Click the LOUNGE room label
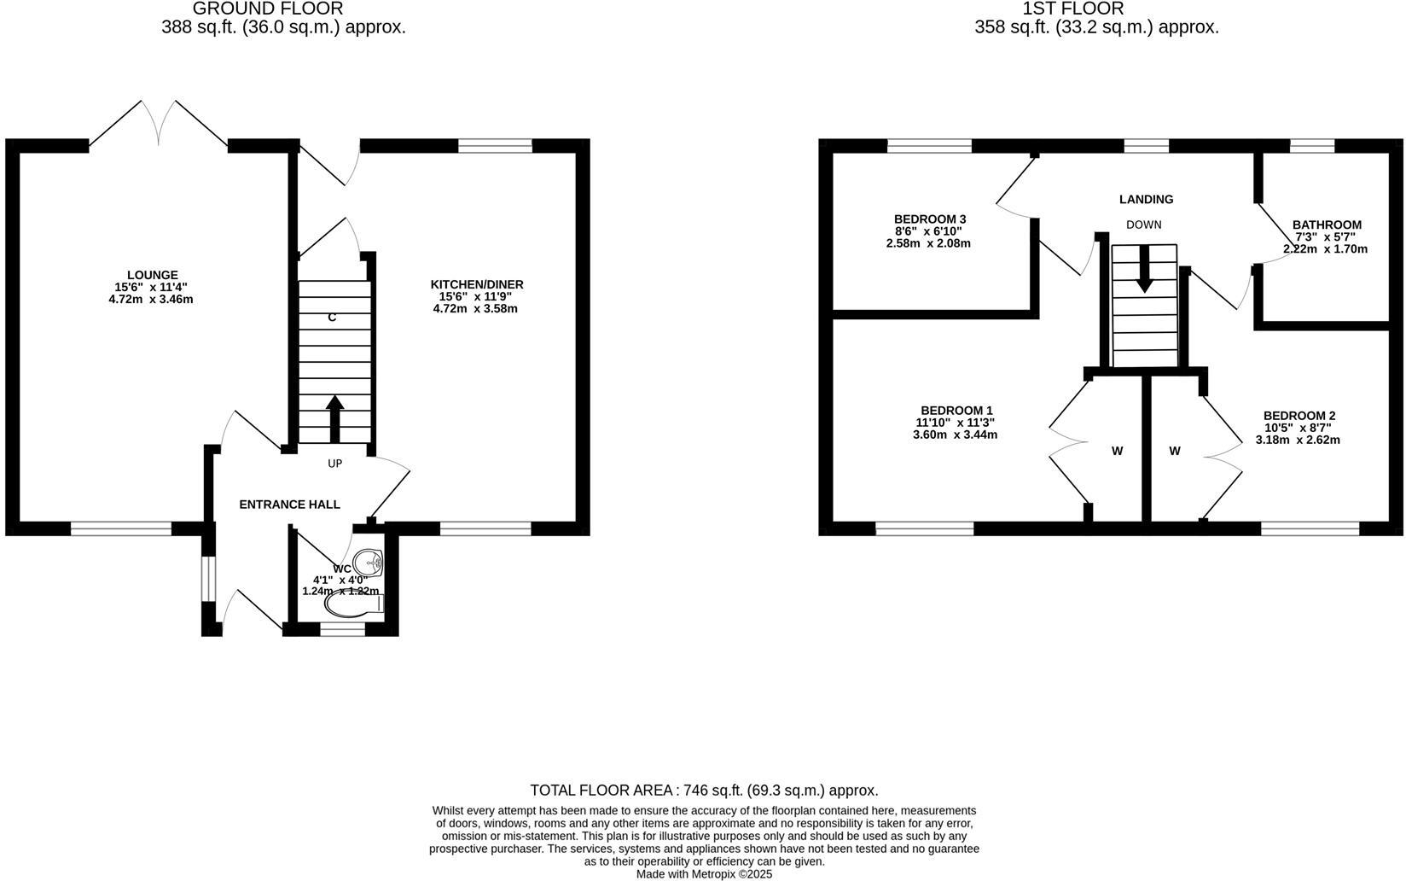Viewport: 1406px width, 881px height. click(x=153, y=275)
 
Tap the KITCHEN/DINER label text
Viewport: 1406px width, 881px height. click(x=476, y=284)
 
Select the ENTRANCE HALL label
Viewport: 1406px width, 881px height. click(x=289, y=505)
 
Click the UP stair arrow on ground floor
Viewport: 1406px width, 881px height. click(x=334, y=417)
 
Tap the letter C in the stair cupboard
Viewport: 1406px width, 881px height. click(x=332, y=318)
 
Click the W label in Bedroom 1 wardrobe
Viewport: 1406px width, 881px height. click(x=1117, y=451)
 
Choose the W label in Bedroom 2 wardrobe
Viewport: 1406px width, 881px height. click(x=1175, y=451)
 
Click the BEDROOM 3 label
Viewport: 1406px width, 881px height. click(x=929, y=219)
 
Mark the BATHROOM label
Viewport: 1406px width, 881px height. click(x=1327, y=225)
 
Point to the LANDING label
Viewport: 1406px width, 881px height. click(x=1146, y=199)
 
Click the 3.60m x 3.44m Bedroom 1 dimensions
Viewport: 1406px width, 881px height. click(x=955, y=435)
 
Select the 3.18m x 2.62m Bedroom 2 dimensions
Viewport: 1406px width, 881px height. click(x=1298, y=440)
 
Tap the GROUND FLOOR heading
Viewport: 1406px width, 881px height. click(x=267, y=9)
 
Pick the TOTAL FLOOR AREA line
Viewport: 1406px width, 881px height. click(x=704, y=791)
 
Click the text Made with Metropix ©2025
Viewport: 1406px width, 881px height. click(x=704, y=874)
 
